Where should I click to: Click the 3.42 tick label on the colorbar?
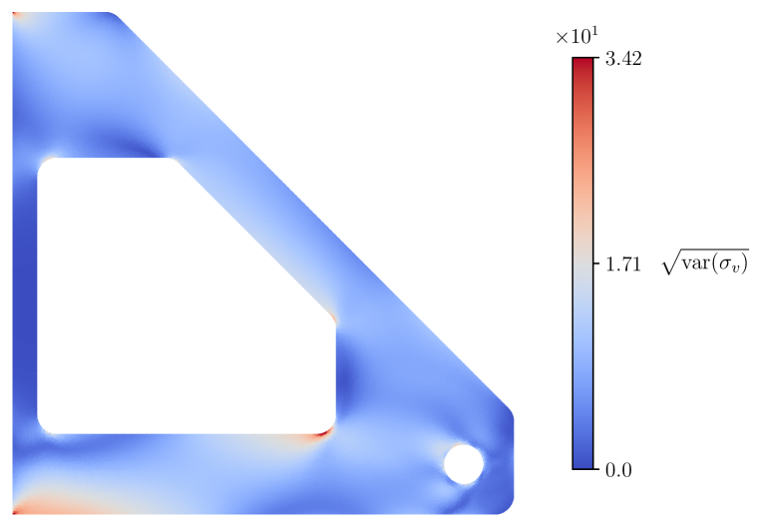pos(623,58)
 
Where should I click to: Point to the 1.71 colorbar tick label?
pos(623,264)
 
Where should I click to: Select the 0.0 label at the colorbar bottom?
pos(618,470)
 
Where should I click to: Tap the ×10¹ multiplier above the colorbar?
pos(576,37)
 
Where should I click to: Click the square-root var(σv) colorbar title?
pos(705,263)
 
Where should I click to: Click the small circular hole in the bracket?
pos(464,464)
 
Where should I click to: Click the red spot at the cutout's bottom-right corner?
pos(324,432)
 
